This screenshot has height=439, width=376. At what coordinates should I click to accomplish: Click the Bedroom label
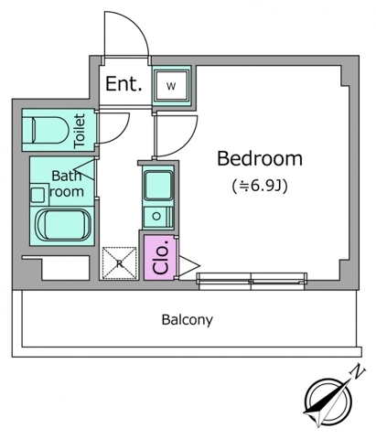(x=260, y=158)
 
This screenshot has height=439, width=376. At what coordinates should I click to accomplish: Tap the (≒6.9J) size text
(x=260, y=187)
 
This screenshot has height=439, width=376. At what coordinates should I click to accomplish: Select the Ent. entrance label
(x=124, y=84)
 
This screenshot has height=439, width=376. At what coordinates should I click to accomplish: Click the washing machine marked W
(x=171, y=86)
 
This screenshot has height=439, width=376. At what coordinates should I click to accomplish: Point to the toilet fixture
(x=49, y=130)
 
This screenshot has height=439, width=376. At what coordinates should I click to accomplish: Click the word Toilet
(x=80, y=131)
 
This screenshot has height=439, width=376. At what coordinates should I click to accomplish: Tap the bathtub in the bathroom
(x=63, y=225)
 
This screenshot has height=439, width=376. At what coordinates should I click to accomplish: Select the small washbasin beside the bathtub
(x=39, y=193)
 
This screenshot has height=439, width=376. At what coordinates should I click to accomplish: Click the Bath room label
(x=67, y=184)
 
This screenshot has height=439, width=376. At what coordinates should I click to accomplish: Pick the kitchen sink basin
(x=157, y=186)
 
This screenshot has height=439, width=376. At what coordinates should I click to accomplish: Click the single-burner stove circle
(x=156, y=217)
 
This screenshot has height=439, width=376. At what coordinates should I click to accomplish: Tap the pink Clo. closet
(x=160, y=258)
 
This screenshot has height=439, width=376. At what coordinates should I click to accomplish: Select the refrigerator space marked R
(x=119, y=263)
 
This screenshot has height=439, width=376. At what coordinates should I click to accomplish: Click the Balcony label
(x=188, y=320)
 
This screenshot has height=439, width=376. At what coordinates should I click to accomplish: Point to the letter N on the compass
(x=358, y=373)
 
